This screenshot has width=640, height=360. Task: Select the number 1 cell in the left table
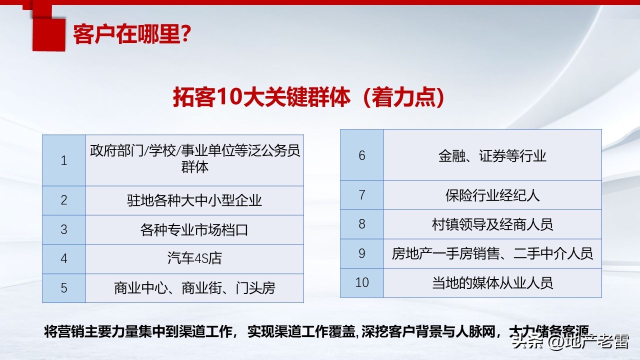(64, 160)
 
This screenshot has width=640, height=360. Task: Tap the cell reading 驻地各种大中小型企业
(194, 200)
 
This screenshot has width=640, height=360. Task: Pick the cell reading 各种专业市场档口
(194, 229)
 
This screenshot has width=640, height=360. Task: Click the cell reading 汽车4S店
(194, 258)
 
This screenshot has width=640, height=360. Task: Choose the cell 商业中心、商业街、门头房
(194, 288)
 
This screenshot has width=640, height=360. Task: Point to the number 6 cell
(362, 155)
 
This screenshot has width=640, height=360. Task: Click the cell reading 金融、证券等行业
(492, 155)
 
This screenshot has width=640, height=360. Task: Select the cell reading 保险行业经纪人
(492, 195)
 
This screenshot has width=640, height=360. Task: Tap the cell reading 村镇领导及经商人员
(492, 224)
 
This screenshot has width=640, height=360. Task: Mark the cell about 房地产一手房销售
(492, 253)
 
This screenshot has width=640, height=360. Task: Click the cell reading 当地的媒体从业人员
(492, 283)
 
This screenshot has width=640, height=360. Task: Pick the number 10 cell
(362, 282)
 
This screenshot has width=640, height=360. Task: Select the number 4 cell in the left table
(64, 258)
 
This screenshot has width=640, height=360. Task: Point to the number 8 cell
(362, 224)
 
